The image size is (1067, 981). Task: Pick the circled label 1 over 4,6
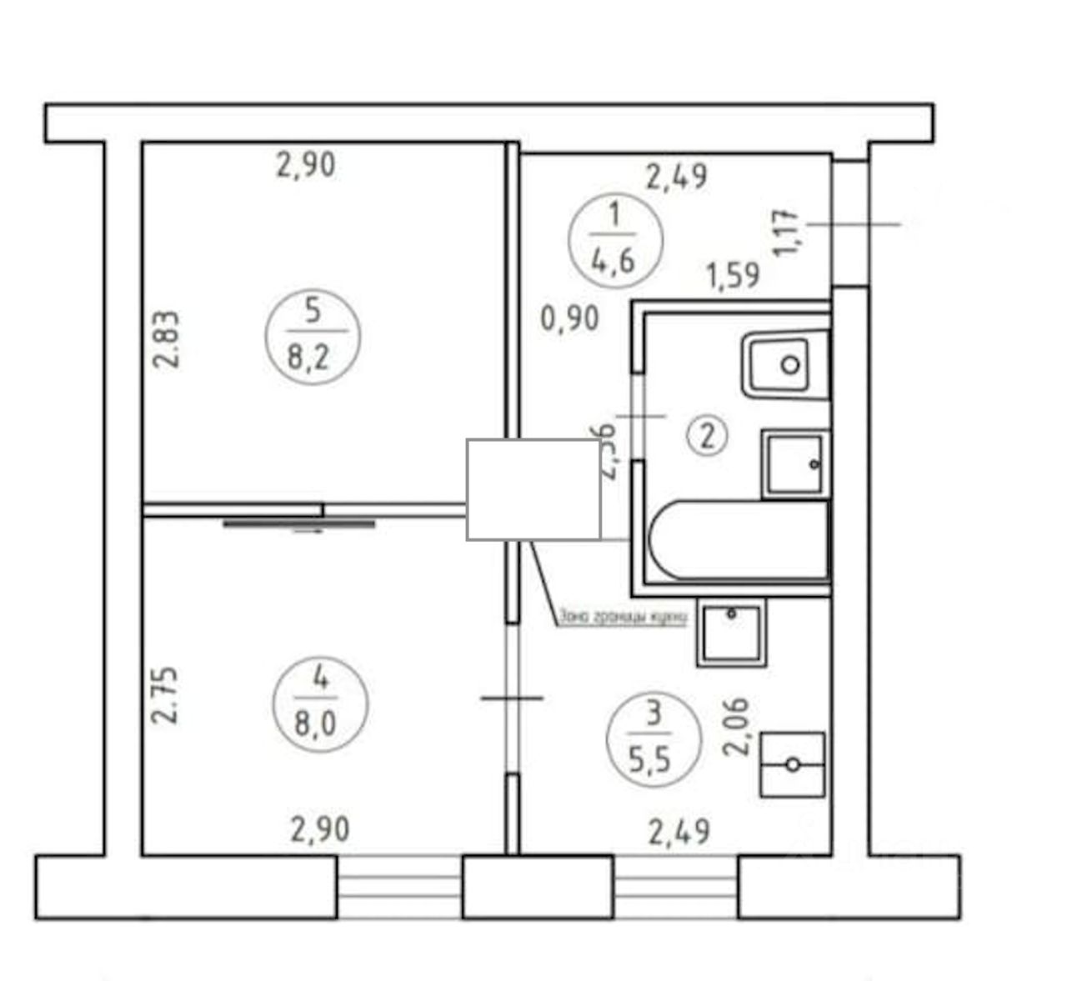614,239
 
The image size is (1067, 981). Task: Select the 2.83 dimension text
166,339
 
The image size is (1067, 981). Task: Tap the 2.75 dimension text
166,693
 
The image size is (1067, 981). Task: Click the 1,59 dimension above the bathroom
733,275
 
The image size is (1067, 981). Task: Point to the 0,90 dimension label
570,318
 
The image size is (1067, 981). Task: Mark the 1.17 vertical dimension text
788,233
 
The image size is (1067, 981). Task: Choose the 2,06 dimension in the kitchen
738,726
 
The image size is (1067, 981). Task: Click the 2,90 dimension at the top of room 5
306,164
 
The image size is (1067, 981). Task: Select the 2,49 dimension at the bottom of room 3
679,831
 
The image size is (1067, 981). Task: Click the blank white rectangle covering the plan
533,489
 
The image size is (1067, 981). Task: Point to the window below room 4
399,888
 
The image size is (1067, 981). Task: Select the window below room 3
675,888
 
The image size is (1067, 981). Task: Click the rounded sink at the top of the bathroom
785,364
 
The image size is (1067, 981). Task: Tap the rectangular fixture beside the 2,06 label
792,764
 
